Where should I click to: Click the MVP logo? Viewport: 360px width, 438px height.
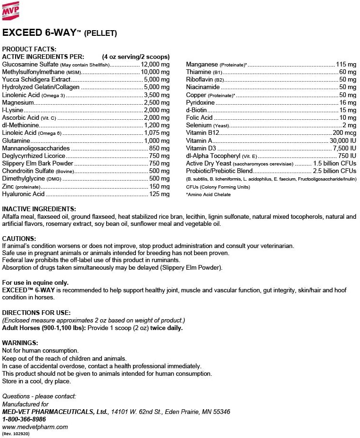coord(12,11)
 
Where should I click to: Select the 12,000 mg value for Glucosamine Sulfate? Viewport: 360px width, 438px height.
coord(155,64)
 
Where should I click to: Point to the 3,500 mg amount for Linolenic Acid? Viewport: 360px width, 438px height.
coord(157,95)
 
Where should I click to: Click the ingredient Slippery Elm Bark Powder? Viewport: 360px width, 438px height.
coord(38,163)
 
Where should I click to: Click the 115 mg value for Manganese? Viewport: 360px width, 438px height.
coord(346,64)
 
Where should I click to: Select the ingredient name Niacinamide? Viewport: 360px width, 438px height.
coord(203,87)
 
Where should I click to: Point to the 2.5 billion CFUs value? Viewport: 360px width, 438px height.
coord(335,171)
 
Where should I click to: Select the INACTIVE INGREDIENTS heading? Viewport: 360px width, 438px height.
coord(39,209)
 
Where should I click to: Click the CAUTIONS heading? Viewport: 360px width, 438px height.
coord(19,239)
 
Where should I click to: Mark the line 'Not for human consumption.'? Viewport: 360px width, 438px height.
coord(40,351)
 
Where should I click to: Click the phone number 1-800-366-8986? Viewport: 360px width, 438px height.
coord(24,419)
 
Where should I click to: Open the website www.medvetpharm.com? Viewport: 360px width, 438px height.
coord(35,426)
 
